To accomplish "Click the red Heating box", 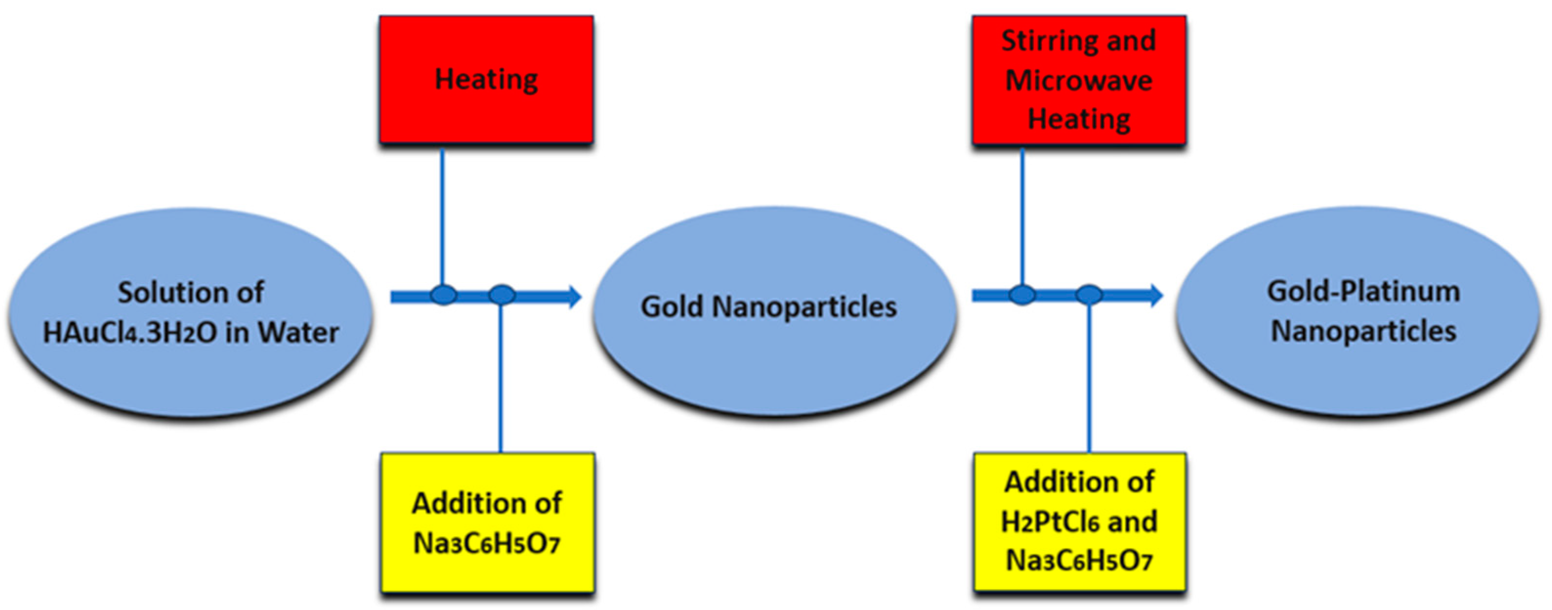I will tap(486, 80).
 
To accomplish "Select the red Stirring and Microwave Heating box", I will tap(1079, 80).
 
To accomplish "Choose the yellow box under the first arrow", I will tap(488, 522).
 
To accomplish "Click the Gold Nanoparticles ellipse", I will tap(774, 310).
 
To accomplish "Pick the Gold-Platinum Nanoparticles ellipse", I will tap(1358, 312).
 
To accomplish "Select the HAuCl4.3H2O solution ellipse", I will tap(191, 312).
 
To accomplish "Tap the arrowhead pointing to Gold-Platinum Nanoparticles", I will tap(1155, 295).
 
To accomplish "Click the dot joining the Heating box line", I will tap(444, 295).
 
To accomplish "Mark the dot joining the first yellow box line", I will tap(501, 295).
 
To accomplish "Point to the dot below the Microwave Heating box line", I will tap(1022, 295).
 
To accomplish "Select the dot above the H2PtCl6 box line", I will tap(1089, 295).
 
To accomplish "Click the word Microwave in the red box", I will tap(1079, 81).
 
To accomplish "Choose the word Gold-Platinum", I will tap(1363, 292).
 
